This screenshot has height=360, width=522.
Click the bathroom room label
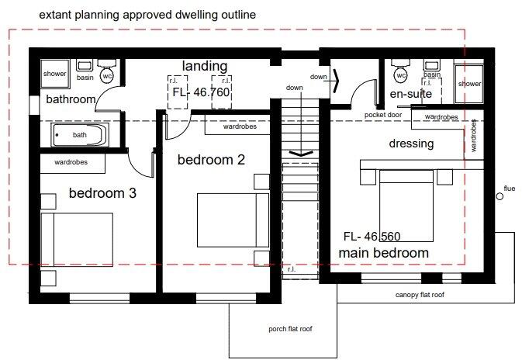71,99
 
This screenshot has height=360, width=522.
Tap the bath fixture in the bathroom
80,135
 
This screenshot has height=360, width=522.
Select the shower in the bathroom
55,74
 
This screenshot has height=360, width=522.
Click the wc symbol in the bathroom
108,75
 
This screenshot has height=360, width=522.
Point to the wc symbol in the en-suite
400,75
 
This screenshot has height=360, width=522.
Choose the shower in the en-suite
469,83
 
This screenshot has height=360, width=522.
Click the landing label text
204,66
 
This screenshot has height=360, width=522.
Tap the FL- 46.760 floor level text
201,92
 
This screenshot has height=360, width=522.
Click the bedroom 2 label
211,160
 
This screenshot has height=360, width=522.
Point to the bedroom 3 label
102,193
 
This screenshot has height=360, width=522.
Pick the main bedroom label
383,253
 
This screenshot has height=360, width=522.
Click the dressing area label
411,144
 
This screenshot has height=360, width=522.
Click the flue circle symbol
500,197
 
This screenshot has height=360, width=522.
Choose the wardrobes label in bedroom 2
240,126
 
